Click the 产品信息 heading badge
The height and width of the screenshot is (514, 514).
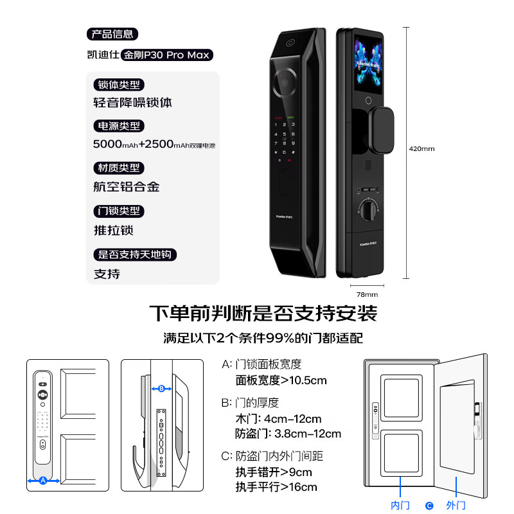click(x=112, y=35)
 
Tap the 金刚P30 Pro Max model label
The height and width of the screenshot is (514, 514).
click(x=167, y=55)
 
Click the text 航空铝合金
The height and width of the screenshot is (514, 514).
click(x=127, y=187)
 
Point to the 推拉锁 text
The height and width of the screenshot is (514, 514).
click(x=114, y=230)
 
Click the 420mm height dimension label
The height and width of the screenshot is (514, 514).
click(x=421, y=148)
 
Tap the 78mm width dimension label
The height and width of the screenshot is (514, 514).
click(x=367, y=294)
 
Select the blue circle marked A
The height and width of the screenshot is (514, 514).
click(x=43, y=480)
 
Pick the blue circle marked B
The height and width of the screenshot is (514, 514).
click(x=161, y=389)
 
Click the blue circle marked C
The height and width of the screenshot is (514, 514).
click(x=429, y=506)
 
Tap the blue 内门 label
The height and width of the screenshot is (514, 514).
click(x=400, y=506)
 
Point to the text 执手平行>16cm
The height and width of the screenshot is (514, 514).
click(x=276, y=487)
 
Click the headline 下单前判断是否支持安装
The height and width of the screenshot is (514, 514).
click(x=263, y=314)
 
